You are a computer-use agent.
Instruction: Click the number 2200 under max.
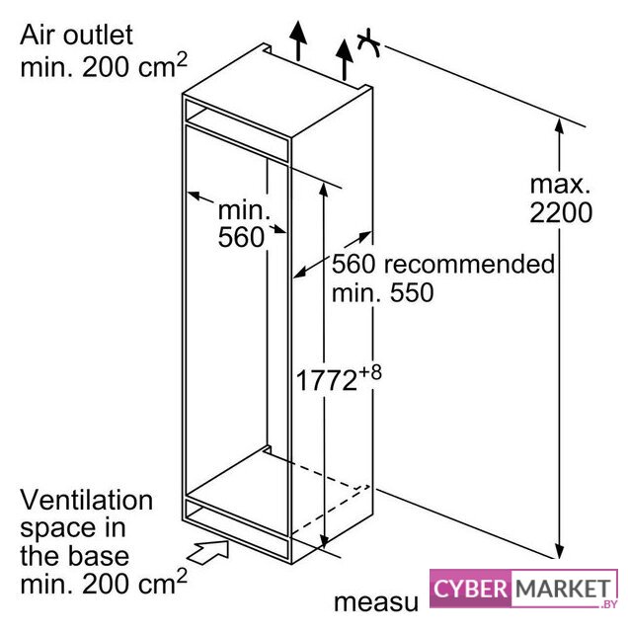[561, 212]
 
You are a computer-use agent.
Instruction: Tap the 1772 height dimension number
[327, 380]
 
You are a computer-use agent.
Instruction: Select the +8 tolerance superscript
[370, 373]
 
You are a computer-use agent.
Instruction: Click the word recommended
[469, 265]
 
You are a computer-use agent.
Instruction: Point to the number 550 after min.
[412, 292]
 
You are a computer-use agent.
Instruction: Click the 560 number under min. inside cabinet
[241, 237]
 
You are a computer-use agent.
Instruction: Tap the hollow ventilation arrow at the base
[208, 551]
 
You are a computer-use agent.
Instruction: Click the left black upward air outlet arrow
[298, 40]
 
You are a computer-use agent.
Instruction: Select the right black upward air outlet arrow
[345, 59]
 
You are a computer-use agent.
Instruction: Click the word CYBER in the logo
[470, 589]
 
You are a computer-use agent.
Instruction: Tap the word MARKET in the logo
[563, 589]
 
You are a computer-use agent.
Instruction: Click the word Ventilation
[86, 500]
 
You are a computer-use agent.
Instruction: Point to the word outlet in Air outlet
[98, 35]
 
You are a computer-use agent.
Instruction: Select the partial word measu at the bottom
[376, 603]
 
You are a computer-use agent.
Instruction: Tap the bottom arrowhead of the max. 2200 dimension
[559, 551]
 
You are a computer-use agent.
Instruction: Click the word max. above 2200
[560, 185]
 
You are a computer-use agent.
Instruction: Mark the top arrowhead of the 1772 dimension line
[323, 190]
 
